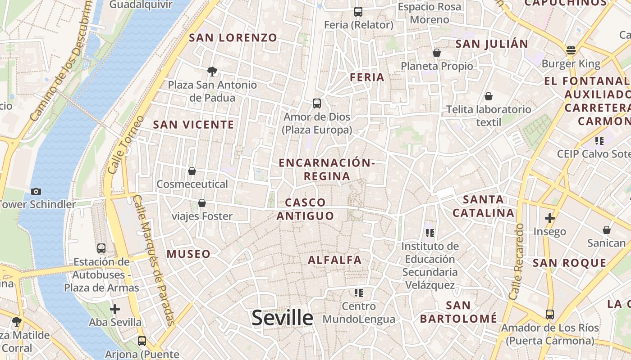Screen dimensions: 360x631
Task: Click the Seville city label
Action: (282, 318)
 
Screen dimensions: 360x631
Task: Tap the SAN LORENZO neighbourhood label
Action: (233, 38)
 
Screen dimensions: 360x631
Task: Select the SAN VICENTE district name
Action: (193, 125)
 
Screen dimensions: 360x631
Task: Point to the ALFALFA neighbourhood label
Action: (335, 260)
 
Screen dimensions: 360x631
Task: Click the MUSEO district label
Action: (188, 254)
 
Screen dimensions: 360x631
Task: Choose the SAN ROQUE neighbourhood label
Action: (570, 263)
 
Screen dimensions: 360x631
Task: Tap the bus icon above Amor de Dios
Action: (317, 103)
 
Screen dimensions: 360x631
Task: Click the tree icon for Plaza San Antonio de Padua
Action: (212, 71)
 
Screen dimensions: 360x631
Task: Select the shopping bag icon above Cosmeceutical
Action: (192, 171)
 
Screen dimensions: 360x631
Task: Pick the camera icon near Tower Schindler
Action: (36, 191)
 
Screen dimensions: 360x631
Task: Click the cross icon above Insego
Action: (549, 218)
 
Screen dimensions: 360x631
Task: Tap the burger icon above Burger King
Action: (571, 50)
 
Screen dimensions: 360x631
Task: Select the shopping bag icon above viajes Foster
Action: (202, 203)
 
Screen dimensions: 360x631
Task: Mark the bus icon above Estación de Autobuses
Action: (101, 248)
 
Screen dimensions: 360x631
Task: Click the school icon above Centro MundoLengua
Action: (359, 293)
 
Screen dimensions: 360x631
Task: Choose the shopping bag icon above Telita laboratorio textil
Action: (489, 96)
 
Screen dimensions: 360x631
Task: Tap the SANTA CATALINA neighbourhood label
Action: (483, 206)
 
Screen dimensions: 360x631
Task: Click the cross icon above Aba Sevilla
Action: (115, 309)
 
